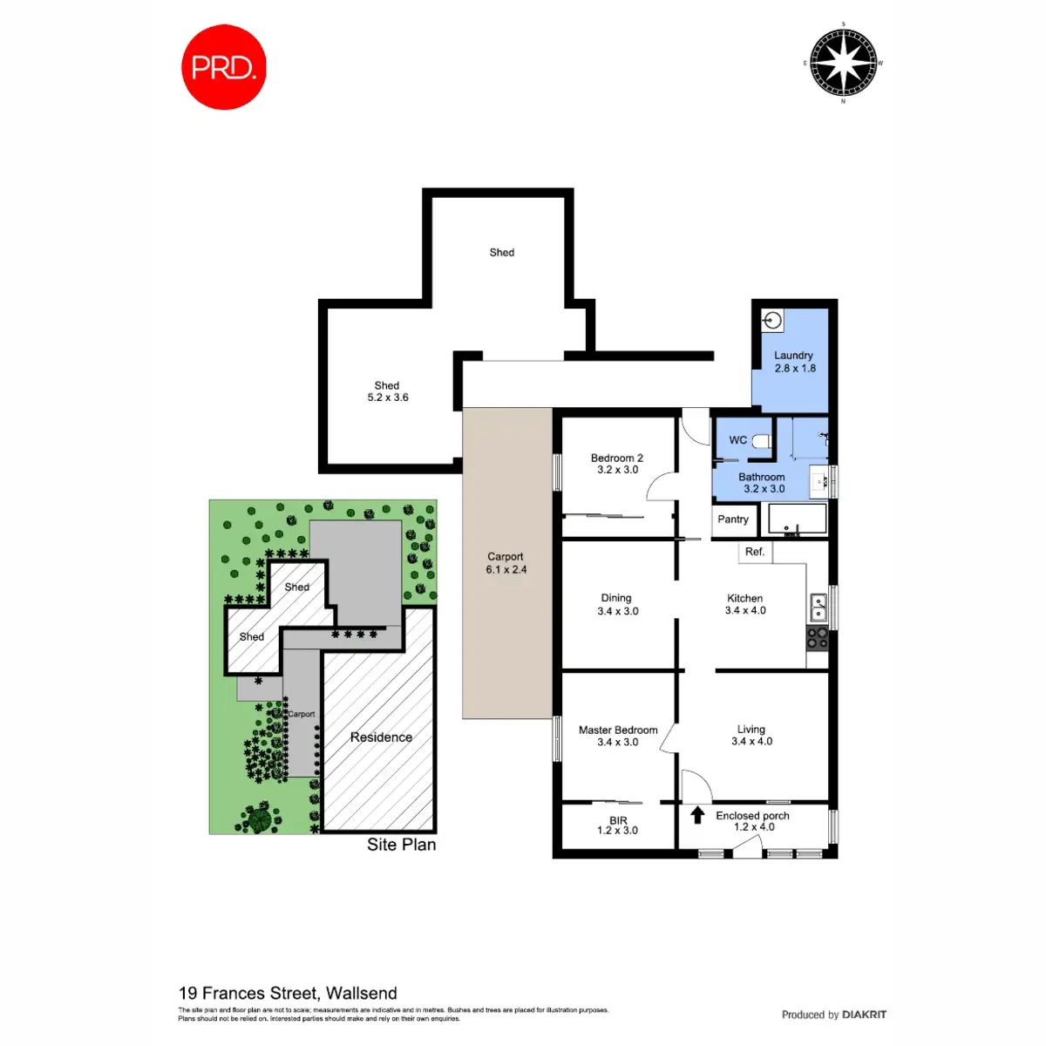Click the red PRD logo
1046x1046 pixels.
[x=223, y=68]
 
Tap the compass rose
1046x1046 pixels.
[x=843, y=63]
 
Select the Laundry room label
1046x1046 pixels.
[x=794, y=362]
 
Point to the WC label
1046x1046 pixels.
[x=737, y=440]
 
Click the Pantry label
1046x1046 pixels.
[x=733, y=520]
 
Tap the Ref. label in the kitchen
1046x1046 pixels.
[x=755, y=552]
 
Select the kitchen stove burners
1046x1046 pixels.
[x=818, y=638]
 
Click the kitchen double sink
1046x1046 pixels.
[x=818, y=604]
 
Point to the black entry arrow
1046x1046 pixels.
[x=697, y=816]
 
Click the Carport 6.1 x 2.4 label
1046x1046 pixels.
[x=506, y=563]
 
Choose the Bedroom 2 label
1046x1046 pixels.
[x=617, y=464]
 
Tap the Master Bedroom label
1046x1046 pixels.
[x=618, y=736]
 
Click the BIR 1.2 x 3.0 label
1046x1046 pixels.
[x=618, y=825]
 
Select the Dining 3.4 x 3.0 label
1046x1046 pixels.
[x=617, y=604]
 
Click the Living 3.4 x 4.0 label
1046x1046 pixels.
[x=751, y=735]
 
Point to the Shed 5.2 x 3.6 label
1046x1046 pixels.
[x=387, y=391]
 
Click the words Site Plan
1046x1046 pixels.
[x=401, y=845]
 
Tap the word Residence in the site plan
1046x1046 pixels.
[x=381, y=737]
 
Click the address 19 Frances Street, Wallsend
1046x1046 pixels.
[x=288, y=993]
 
